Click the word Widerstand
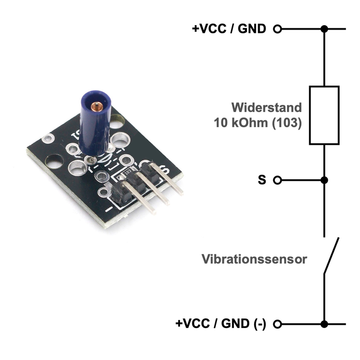(266, 108)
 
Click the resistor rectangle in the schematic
(324, 115)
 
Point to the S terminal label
(262, 180)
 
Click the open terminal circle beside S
(278, 180)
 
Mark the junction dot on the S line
(324, 180)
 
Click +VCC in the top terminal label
(210, 29)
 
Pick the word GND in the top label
(252, 29)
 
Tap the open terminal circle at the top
(278, 29)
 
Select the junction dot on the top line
(324, 29)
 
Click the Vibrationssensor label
(254, 259)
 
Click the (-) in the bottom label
(260, 324)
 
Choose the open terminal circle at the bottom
(278, 324)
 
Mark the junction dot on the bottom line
(324, 324)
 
